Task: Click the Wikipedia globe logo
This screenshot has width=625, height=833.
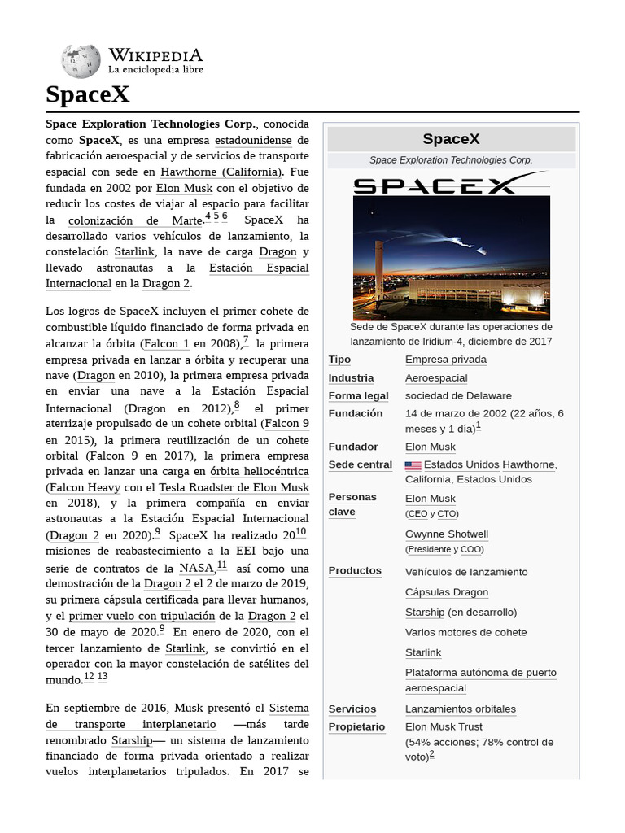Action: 81,61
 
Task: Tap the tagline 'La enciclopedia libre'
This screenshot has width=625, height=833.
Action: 155,70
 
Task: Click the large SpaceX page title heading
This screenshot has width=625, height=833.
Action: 88,95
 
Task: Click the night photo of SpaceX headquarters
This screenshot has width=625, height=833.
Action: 451,258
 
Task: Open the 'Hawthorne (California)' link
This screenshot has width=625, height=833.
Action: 221,172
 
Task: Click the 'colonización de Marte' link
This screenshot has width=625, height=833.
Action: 135,220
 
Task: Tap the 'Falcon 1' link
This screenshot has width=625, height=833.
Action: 167,344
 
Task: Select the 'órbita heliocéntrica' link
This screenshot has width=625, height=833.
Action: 260,471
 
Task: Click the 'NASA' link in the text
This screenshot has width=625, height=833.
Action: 196,568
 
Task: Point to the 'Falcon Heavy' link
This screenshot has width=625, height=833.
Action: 85,487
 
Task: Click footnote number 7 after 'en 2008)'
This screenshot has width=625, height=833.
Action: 246,341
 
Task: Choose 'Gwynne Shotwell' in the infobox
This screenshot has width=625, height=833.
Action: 447,534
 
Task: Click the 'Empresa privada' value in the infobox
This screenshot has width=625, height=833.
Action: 445,360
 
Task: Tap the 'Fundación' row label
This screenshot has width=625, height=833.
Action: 355,413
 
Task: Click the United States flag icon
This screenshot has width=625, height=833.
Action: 413,465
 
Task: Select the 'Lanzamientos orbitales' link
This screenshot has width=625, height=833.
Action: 460,709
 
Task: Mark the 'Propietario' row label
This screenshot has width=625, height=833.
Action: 356,726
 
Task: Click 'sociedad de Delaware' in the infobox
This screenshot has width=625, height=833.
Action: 458,395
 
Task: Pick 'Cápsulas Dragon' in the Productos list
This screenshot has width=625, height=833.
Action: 446,592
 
